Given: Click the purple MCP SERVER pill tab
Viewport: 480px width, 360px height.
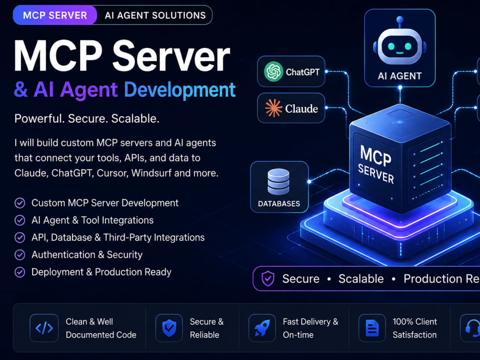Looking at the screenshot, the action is [x=55, y=15].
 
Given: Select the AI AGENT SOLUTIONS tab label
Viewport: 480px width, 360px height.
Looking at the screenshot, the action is [x=155, y=15].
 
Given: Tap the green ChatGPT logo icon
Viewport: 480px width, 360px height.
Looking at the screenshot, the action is [x=274, y=72].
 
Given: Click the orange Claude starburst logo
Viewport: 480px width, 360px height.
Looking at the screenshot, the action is [x=274, y=108].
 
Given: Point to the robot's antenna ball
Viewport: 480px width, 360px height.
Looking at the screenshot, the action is [x=399, y=20].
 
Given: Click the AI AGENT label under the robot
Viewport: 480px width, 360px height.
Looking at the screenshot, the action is [x=400, y=76].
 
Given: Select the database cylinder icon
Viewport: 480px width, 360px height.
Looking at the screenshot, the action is [x=278, y=181].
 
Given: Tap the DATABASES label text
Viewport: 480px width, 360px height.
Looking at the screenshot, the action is [x=279, y=204].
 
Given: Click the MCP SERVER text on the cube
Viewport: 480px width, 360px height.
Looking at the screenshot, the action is [x=376, y=164].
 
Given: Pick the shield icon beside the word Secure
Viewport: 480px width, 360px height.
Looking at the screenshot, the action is [x=268, y=278].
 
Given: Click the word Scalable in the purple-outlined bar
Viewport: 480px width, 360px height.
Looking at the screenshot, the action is [x=361, y=278].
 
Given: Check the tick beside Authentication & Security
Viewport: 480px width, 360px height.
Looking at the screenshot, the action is [x=20, y=255].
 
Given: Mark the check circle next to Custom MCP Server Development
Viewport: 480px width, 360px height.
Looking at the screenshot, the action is [x=20, y=203].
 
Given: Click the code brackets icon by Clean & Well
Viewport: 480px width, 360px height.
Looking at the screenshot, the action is [x=44, y=328].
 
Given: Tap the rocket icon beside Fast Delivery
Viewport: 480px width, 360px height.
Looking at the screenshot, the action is [x=262, y=328].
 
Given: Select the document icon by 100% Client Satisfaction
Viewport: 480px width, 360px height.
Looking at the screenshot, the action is [x=372, y=328].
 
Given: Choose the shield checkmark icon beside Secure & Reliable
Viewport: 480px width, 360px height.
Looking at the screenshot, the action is [x=169, y=328].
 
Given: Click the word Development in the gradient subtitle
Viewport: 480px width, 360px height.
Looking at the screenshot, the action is [x=180, y=90].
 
